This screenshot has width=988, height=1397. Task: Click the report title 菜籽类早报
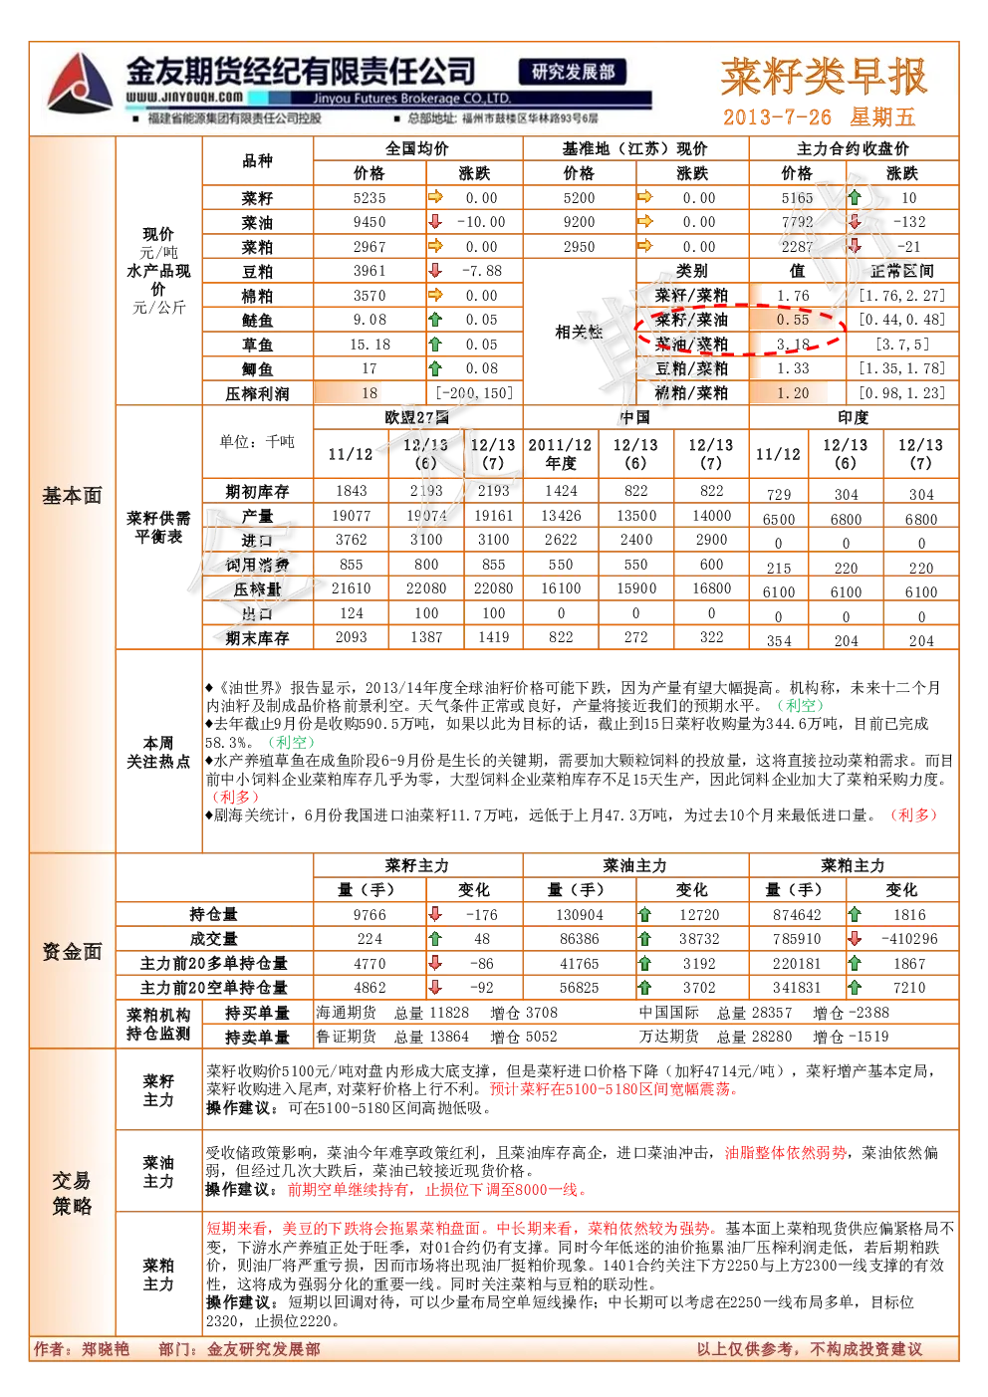point(824,78)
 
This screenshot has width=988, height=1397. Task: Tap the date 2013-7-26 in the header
point(777,116)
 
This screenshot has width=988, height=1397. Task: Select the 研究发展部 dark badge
point(573,73)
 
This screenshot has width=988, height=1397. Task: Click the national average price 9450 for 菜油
point(370,222)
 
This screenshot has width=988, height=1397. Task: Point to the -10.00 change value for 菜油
point(481,222)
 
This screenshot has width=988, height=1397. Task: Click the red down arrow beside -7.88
point(435,271)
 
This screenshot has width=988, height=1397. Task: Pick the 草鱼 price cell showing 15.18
point(370,345)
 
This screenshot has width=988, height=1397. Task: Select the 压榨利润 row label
point(257,393)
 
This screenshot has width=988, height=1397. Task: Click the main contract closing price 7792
point(797,222)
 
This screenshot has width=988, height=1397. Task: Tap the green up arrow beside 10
point(855,198)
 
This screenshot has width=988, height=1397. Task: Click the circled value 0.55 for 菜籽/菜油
point(792,320)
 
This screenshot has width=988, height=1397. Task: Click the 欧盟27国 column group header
point(416,417)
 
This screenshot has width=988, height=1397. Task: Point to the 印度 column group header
point(853,417)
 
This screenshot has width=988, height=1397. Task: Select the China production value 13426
point(560,516)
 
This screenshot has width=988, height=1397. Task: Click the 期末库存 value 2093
point(352,637)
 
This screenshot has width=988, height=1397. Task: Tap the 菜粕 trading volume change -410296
point(908,939)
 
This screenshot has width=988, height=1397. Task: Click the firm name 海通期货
point(346,1013)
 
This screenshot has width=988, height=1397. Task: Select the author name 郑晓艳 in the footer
point(105,1349)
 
